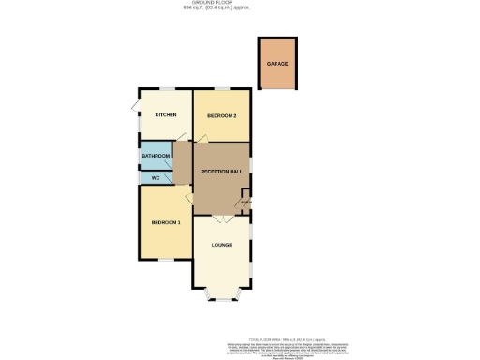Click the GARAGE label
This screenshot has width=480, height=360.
point(277,64)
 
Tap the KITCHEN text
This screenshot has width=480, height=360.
point(166,115)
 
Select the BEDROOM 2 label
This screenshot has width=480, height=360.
point(221,115)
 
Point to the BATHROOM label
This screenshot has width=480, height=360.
point(156,156)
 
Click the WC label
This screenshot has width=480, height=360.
point(155,176)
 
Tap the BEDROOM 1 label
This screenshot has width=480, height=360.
point(165,222)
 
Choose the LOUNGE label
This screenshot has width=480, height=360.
point(221,246)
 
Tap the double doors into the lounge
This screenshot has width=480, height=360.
point(221,219)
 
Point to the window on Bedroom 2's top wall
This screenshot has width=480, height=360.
point(221,89)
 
